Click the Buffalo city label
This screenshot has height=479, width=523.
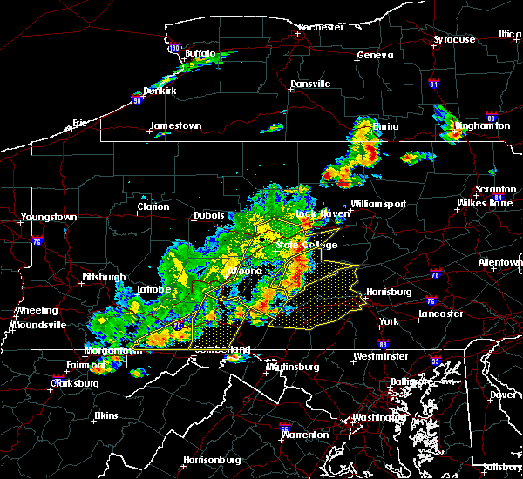(200, 54)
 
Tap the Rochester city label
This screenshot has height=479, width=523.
(322, 28)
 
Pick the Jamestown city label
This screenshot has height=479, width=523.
(175, 126)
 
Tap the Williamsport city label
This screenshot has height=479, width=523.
(378, 205)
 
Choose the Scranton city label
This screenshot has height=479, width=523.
(495, 190)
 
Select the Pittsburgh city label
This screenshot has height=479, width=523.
(104, 278)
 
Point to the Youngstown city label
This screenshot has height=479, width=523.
(50, 218)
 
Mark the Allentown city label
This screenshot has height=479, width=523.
(500, 262)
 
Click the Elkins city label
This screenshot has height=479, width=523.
(106, 415)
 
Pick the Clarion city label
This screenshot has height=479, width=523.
(153, 207)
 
